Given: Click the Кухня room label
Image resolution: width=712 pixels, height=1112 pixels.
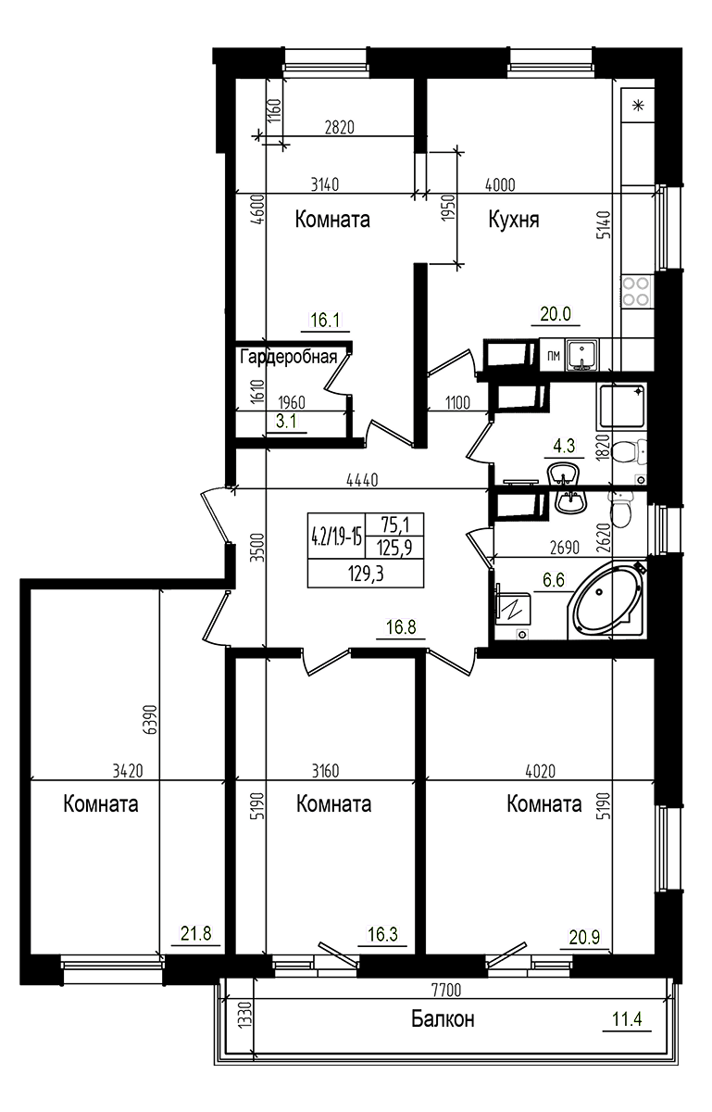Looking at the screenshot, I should [514, 220].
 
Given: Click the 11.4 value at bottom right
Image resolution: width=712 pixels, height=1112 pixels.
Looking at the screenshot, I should [627, 1019].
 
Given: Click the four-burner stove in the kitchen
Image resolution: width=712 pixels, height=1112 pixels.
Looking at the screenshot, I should [636, 291].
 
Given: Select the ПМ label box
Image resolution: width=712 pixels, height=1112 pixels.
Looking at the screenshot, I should [553, 355].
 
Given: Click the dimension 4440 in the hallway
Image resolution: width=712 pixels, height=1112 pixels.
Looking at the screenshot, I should [362, 480].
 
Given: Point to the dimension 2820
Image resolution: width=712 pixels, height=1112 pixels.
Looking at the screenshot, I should [340, 129].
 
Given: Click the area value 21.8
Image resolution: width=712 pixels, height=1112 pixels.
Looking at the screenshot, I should [195, 935].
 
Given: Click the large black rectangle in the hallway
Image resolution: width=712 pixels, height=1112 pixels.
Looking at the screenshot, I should [365, 550].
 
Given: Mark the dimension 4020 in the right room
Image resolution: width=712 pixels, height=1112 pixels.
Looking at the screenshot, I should [542, 770].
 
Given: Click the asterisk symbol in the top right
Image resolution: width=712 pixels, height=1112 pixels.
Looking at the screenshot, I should [637, 106].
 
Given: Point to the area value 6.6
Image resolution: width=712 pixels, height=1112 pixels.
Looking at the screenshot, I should [554, 581].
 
